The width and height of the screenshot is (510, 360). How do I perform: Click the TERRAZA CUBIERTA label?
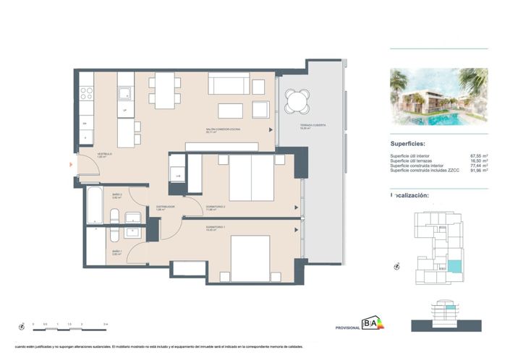[313, 125]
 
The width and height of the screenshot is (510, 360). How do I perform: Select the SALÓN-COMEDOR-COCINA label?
[223, 129]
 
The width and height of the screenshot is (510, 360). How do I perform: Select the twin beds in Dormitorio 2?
[251, 178]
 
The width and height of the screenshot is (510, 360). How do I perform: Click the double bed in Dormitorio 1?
[250, 254]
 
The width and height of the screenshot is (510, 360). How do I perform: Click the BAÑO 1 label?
[116, 252]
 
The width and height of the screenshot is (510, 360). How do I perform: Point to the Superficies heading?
[413, 144]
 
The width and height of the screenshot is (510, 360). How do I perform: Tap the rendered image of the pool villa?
[438, 97]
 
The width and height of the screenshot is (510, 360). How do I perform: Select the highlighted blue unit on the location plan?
[454, 266]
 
